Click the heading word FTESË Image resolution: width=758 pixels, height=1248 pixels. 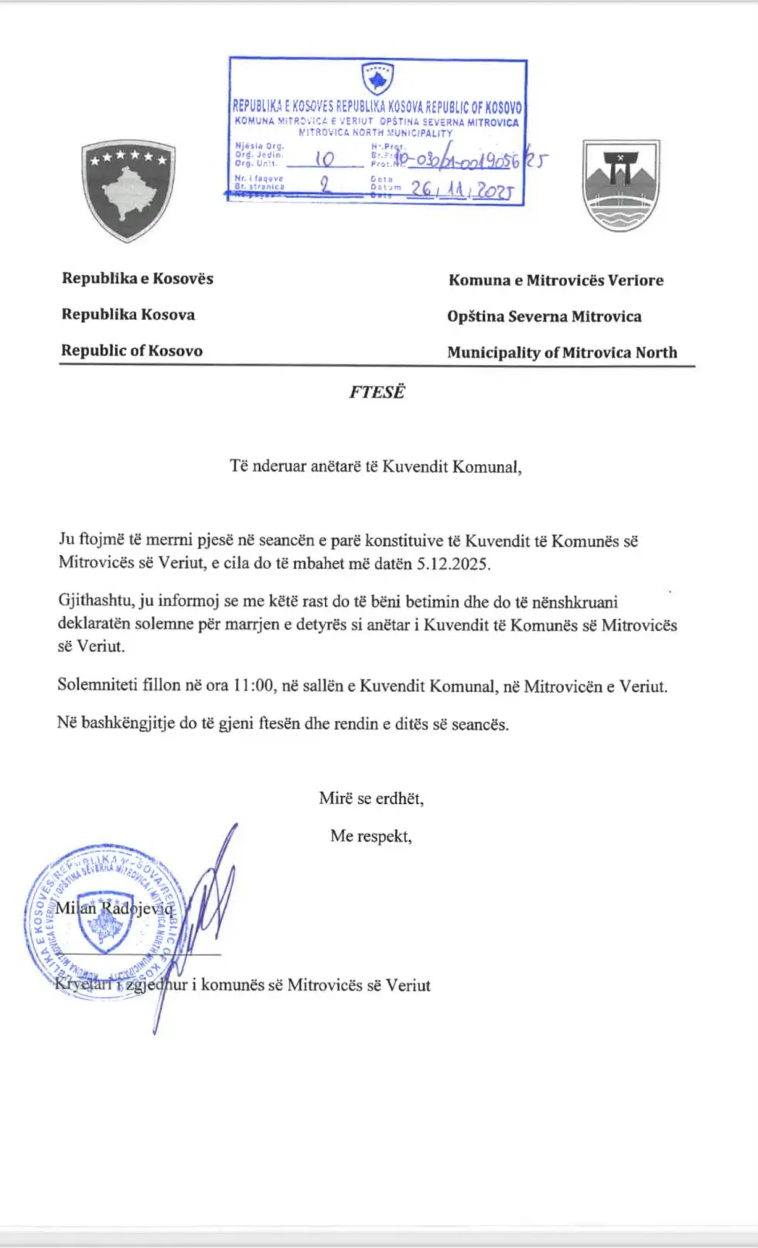(376, 392)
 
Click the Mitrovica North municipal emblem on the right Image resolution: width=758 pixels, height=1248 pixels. (620, 186)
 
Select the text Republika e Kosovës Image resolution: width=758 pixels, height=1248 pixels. (138, 278)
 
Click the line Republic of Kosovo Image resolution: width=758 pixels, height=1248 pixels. (131, 350)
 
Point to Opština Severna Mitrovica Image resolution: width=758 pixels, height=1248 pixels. (544, 316)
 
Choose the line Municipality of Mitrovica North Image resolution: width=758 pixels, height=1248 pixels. (562, 353)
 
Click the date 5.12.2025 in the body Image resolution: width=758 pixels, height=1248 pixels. (452, 564)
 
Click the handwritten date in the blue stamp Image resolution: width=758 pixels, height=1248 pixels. (461, 189)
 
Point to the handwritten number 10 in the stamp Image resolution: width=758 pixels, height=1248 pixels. (325, 159)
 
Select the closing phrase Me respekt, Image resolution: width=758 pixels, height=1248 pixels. (370, 836)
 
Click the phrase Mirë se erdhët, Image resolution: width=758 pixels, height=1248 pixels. (371, 798)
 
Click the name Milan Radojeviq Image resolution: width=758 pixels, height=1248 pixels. (114, 908)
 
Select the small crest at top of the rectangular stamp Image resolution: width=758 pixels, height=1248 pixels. (377, 78)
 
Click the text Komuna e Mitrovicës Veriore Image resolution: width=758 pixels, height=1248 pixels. (555, 280)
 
